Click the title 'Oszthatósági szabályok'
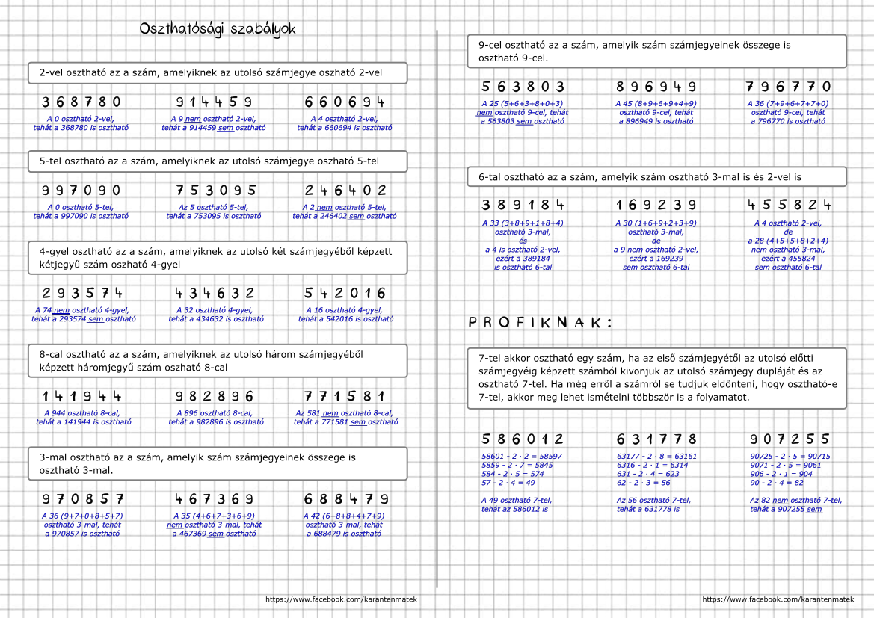(x=218, y=29)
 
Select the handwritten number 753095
(x=216, y=191)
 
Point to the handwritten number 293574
(x=82, y=294)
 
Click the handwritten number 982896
(x=215, y=396)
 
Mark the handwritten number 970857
(x=82, y=499)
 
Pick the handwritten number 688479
(x=346, y=499)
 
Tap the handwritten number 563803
(x=523, y=87)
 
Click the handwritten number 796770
(x=788, y=87)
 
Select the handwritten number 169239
(x=656, y=205)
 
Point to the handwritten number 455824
(x=789, y=205)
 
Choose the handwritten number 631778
(x=656, y=439)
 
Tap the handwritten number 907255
(x=790, y=439)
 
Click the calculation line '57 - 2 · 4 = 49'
(x=508, y=483)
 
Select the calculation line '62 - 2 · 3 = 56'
(x=643, y=483)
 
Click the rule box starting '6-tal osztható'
(x=656, y=177)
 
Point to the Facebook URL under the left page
(x=341, y=599)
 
